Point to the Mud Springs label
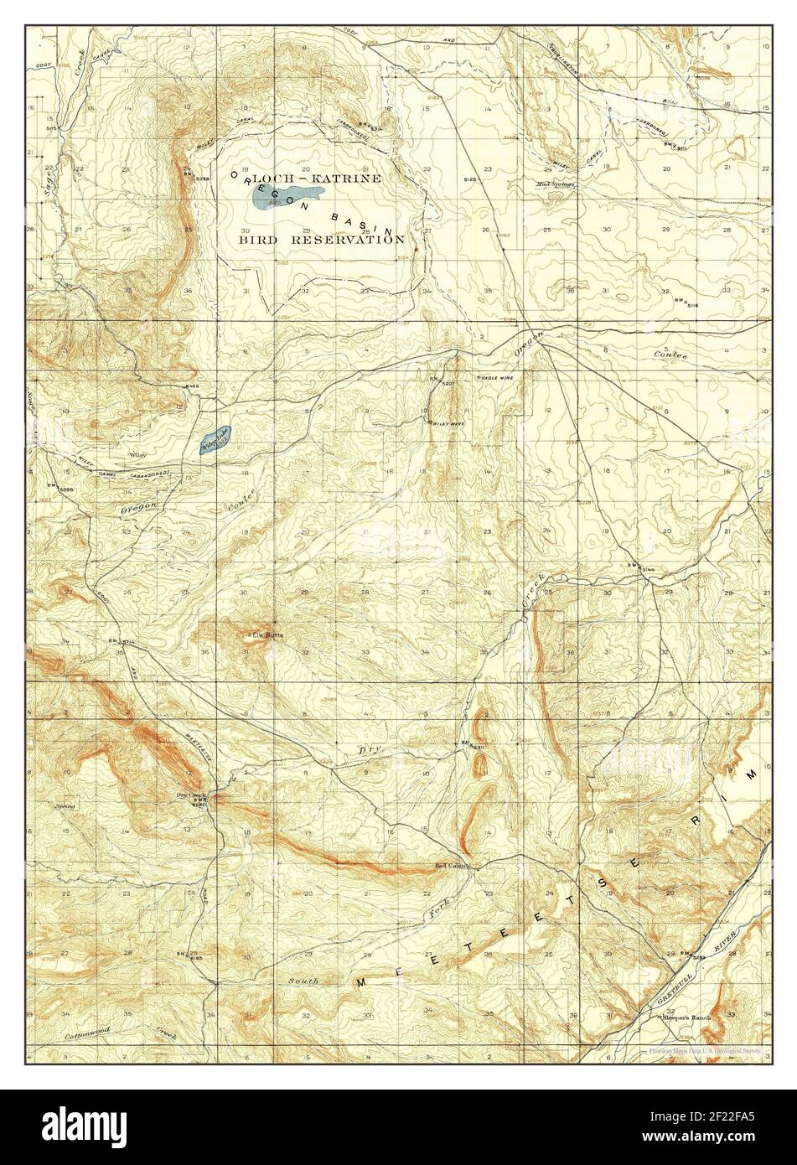click(555, 183)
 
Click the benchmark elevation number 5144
click(647, 570)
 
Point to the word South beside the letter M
click(303, 980)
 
